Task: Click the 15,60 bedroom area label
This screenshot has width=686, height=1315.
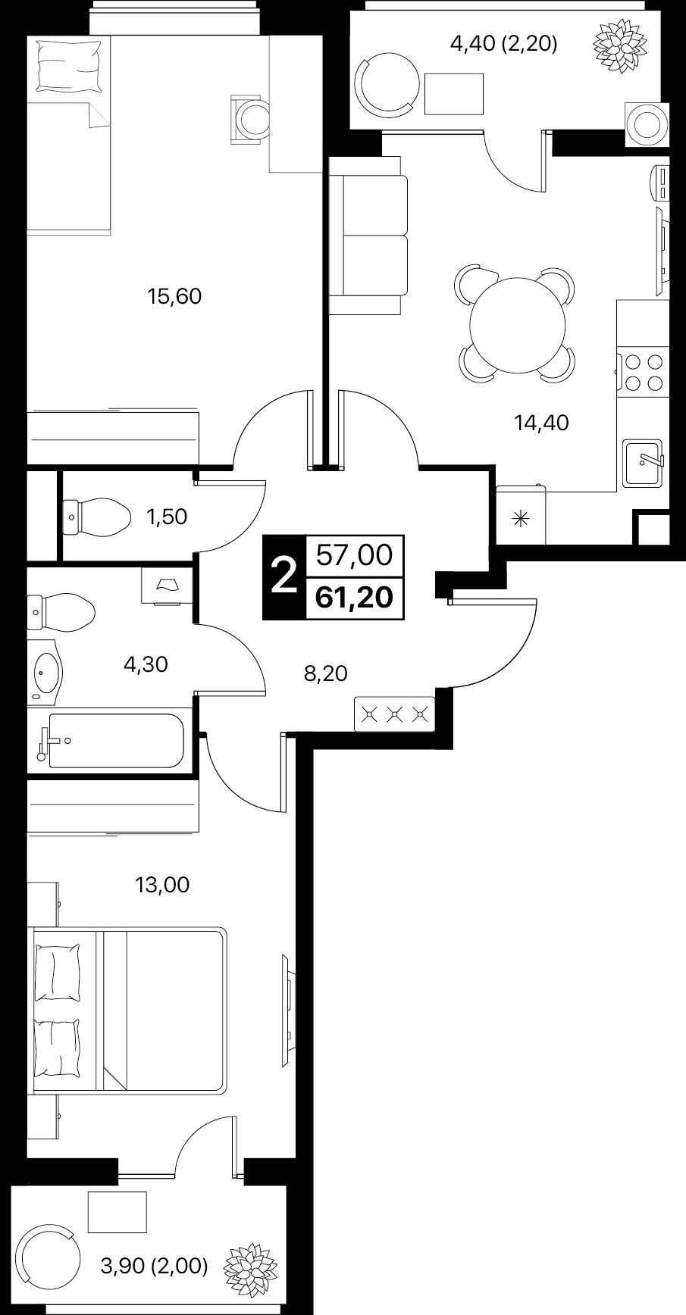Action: (x=174, y=296)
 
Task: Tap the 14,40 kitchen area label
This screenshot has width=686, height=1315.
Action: (x=541, y=423)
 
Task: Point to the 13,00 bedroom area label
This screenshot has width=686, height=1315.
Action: (x=162, y=884)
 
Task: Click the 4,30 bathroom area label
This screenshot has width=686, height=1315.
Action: (x=146, y=664)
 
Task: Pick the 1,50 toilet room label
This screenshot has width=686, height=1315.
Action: (x=166, y=517)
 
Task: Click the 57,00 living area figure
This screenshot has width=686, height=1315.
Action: (x=354, y=556)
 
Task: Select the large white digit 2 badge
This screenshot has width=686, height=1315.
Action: (x=283, y=577)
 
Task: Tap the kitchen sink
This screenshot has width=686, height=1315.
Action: (x=644, y=464)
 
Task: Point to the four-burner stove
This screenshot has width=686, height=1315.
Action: (x=643, y=372)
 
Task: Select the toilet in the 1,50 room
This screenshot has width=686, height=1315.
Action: (x=94, y=517)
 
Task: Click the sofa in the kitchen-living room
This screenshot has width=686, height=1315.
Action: (x=368, y=236)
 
